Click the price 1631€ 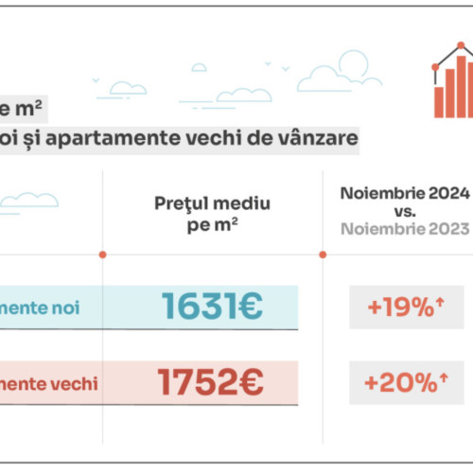pyautogui.click(x=211, y=305)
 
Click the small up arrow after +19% pyautogui.click(x=440, y=300)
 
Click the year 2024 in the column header pyautogui.click(x=447, y=194)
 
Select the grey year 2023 pyautogui.click(x=447, y=229)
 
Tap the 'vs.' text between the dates pyautogui.click(x=405, y=212)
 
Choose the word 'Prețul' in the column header pyautogui.click(x=184, y=203)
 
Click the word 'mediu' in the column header pyautogui.click(x=242, y=203)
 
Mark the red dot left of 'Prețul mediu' pyautogui.click(x=102, y=254)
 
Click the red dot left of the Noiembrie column pyautogui.click(x=323, y=254)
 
